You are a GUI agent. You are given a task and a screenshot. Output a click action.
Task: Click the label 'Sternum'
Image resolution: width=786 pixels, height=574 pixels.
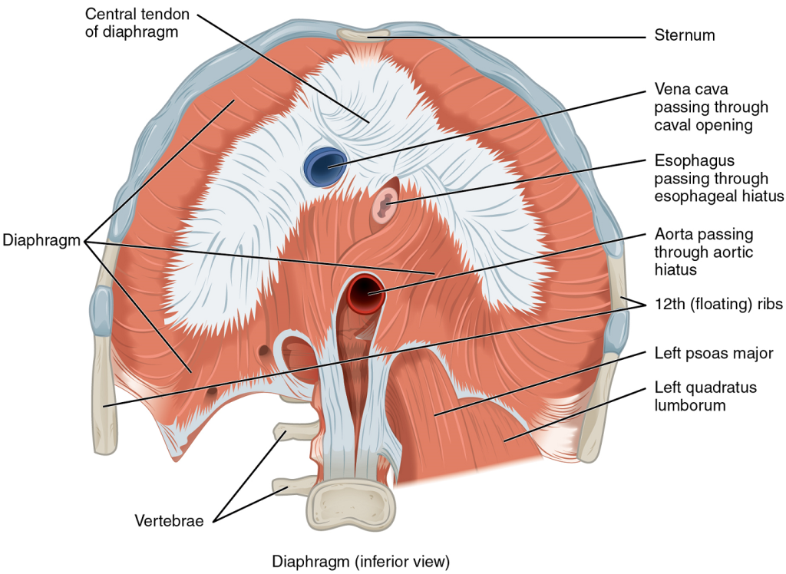[x=685, y=35]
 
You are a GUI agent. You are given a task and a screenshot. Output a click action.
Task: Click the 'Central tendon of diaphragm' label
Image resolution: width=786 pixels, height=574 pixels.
[x=137, y=23]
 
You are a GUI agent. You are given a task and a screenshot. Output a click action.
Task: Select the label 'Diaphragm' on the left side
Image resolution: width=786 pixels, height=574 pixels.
[x=41, y=240]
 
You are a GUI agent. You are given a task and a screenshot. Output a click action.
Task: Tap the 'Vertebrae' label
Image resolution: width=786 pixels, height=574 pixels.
[x=169, y=521]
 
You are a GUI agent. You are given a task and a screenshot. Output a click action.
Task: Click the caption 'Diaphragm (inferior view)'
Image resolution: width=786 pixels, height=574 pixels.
[x=360, y=560]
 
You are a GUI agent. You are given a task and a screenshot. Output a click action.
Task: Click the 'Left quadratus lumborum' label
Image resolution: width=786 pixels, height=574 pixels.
[x=705, y=396]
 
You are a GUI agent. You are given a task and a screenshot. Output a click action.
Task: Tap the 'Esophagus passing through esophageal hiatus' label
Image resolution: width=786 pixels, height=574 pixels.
[x=711, y=179]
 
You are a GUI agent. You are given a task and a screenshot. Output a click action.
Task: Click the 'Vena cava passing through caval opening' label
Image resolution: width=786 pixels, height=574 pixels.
[x=702, y=107]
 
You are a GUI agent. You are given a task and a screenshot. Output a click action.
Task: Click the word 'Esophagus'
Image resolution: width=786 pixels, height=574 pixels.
[x=695, y=161]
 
